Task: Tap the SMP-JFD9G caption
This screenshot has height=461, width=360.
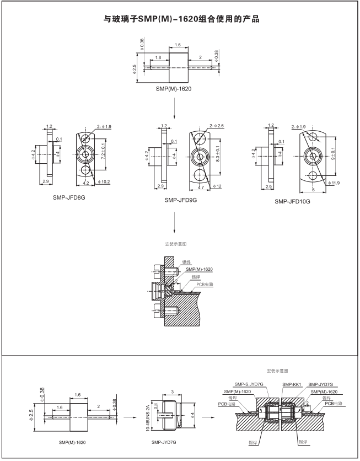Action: click(180, 200)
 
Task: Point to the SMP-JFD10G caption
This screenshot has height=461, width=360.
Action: click(292, 202)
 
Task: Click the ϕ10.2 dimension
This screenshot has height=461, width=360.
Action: click(104, 181)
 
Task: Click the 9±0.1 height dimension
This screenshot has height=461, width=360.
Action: click(334, 154)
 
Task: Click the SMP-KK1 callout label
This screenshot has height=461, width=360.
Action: click(290, 384)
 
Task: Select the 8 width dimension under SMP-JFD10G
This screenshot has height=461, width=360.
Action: click(313, 189)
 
